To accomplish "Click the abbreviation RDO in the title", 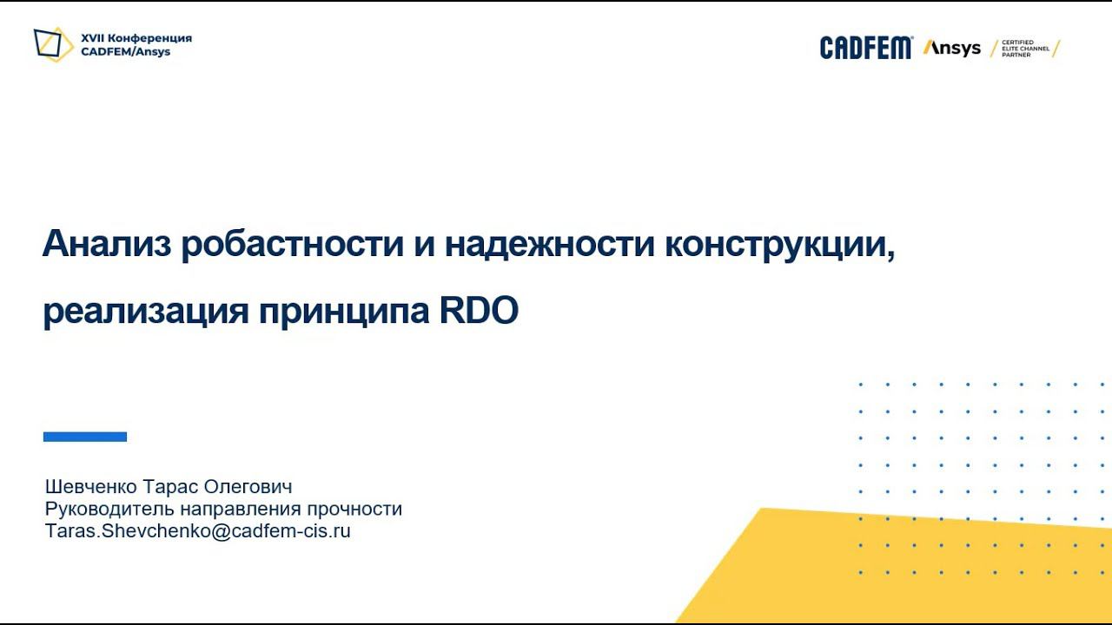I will click(x=479, y=310).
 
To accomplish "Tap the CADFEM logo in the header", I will click(x=865, y=48).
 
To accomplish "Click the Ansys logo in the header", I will click(x=952, y=49).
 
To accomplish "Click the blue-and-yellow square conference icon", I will click(x=53, y=44).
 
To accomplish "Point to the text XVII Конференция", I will click(x=136, y=38).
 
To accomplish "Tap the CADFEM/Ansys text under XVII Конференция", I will click(x=125, y=52).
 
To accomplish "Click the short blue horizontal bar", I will click(x=85, y=437).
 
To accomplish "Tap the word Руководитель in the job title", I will click(x=98, y=509).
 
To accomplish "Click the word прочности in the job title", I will click(x=361, y=509).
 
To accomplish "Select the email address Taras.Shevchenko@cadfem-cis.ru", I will click(x=198, y=531).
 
